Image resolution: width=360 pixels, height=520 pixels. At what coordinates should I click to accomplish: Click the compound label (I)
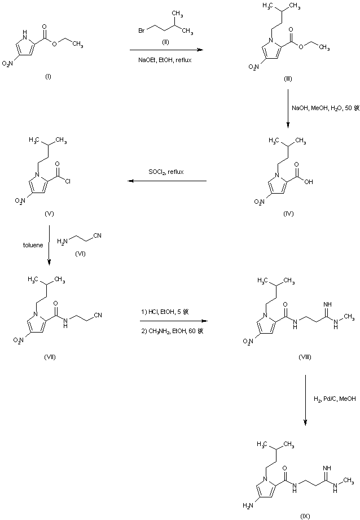point(47,76)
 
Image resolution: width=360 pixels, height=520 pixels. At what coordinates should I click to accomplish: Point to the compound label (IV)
point(289,215)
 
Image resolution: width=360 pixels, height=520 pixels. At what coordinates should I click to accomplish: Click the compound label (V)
point(47,215)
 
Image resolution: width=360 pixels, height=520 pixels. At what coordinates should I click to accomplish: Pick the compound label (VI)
point(80,255)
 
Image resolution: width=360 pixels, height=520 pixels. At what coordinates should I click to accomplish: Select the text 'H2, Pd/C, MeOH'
point(335,399)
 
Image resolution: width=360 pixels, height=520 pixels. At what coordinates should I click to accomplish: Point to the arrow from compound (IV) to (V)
point(166,181)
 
